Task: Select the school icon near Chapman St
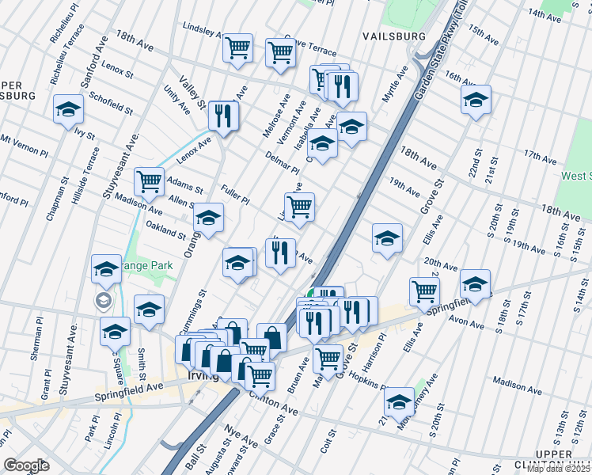(x=69, y=110)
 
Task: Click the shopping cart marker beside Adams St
(x=149, y=182)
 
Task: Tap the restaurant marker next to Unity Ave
(x=223, y=116)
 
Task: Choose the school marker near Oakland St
(x=209, y=218)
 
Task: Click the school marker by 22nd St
(x=476, y=101)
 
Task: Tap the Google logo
(x=26, y=465)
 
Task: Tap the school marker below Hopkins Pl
(x=400, y=402)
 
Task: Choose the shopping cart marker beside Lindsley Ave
(x=237, y=48)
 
